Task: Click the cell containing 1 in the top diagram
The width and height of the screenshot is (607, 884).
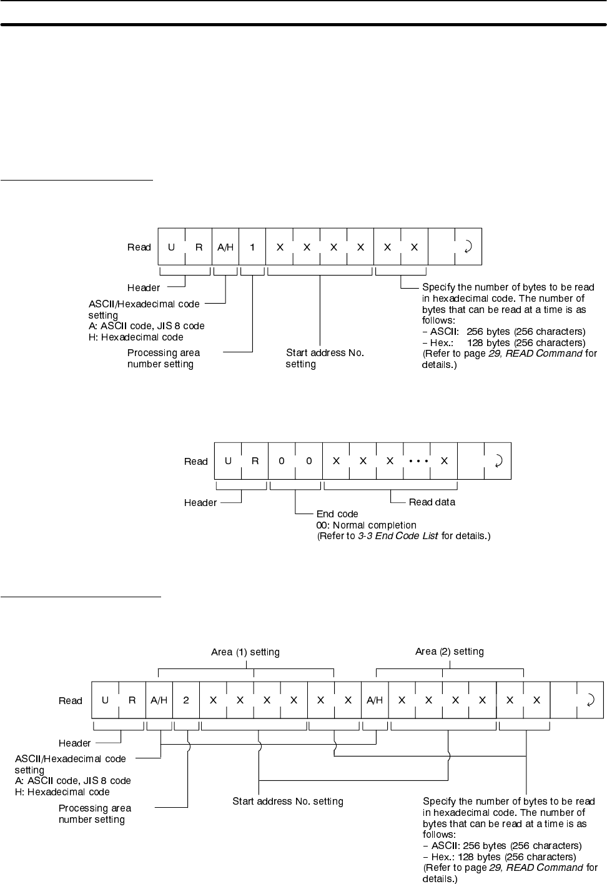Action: (252, 247)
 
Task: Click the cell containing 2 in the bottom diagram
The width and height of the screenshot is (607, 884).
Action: (186, 700)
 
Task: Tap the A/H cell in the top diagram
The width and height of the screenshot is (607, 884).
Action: (225, 247)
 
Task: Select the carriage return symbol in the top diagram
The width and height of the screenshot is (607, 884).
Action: (468, 247)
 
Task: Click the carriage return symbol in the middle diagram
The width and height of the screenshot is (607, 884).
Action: (498, 461)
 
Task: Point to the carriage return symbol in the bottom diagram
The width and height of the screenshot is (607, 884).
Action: (590, 700)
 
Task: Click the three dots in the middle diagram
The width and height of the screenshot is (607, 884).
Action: (417, 461)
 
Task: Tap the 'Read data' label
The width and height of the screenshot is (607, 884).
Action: (432, 502)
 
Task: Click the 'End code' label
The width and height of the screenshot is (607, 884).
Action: (337, 514)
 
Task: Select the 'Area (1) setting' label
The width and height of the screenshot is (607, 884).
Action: (245, 652)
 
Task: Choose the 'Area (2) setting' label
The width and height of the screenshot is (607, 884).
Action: (450, 651)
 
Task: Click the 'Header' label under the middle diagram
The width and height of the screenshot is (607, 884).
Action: (200, 502)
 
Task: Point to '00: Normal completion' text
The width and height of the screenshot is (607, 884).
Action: (366, 525)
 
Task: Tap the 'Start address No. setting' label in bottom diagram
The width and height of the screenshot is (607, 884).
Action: (288, 801)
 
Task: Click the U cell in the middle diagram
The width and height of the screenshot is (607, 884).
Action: (228, 461)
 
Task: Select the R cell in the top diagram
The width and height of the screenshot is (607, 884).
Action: (199, 247)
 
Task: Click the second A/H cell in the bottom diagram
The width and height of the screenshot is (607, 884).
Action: (375, 700)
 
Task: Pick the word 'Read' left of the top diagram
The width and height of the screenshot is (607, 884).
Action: (139, 247)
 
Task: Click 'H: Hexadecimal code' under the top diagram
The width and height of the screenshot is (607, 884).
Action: (136, 337)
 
